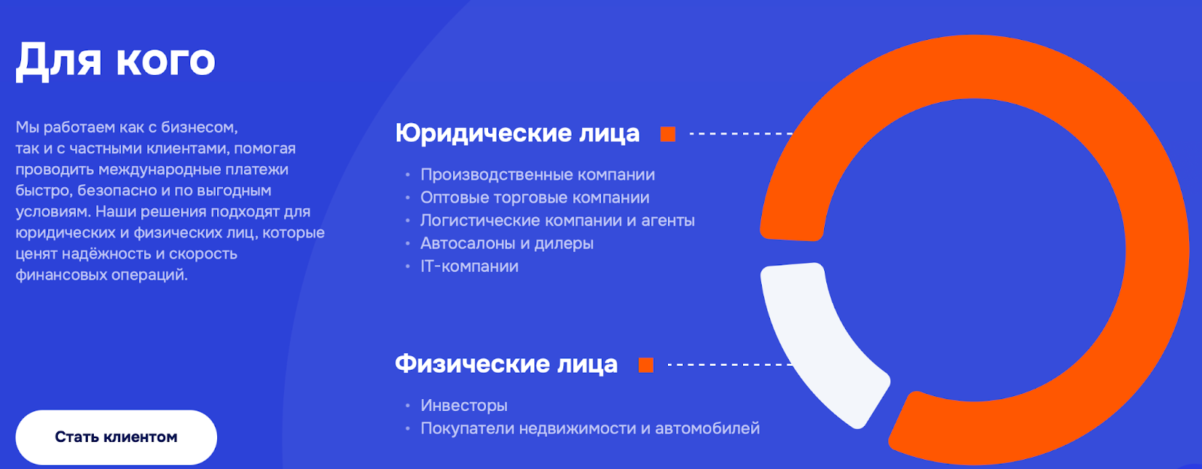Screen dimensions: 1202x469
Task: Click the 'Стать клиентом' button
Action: (x=116, y=437)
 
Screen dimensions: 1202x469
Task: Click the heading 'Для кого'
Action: (x=116, y=60)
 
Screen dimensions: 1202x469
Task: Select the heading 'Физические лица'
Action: (x=506, y=364)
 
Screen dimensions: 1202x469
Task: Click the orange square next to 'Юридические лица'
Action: (x=668, y=134)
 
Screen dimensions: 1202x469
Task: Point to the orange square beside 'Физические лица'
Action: (x=646, y=365)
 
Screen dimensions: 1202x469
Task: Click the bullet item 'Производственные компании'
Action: (x=537, y=175)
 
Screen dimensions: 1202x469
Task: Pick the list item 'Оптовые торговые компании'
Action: (x=534, y=198)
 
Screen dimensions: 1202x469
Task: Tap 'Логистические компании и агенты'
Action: (x=557, y=220)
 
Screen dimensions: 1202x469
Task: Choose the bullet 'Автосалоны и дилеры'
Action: (x=506, y=244)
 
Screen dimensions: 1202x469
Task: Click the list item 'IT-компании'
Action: (x=469, y=266)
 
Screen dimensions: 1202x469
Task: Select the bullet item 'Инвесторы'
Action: (x=464, y=406)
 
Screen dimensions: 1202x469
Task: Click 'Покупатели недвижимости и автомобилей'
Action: (x=590, y=428)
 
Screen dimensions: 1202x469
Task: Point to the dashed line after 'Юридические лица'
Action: (x=741, y=134)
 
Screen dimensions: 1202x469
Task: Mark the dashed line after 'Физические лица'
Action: (x=730, y=365)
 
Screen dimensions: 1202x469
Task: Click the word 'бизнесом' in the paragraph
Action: (x=199, y=127)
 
